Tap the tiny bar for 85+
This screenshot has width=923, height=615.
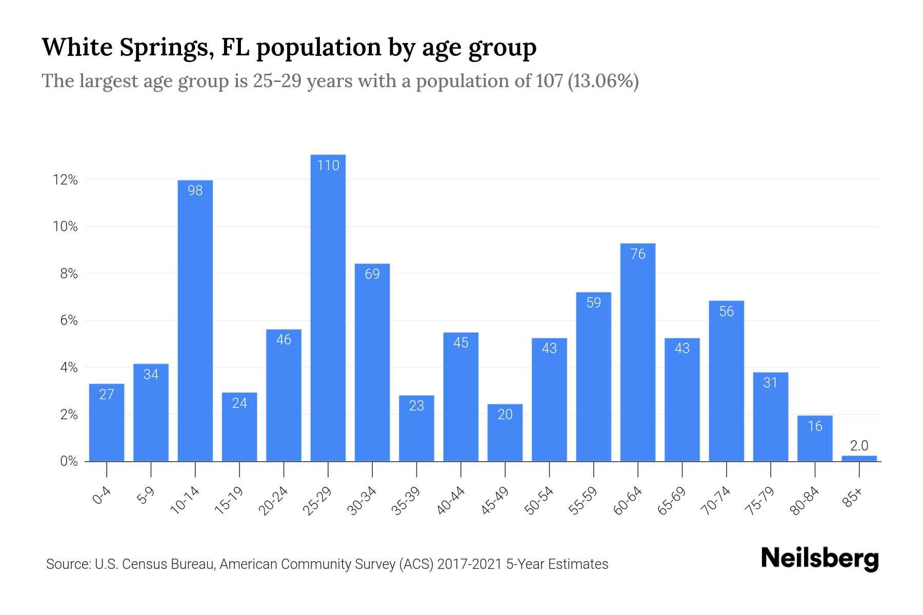coord(859,459)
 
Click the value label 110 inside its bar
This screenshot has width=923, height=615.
coord(328,166)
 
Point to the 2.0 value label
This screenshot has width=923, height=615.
coord(859,446)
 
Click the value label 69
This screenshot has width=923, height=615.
coord(372,274)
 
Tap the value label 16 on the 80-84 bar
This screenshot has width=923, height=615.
coord(815,426)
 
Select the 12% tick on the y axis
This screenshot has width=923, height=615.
coord(65,180)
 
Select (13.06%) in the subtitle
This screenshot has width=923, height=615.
coord(603,81)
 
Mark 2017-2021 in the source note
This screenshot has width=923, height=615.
coord(469,564)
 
